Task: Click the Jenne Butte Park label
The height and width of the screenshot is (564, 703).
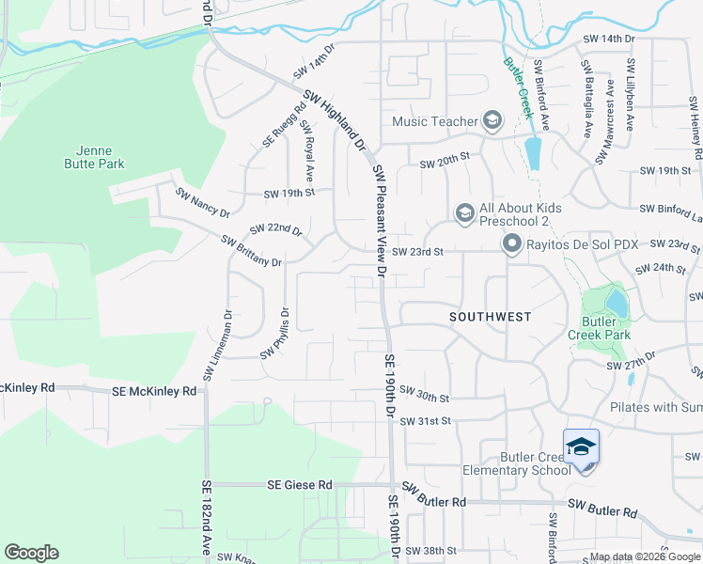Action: click(x=99, y=157)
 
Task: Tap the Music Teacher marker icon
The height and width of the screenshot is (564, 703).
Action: click(x=492, y=120)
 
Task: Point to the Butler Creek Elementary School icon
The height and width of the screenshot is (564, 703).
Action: click(x=581, y=446)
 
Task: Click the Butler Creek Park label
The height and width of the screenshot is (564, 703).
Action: click(x=600, y=327)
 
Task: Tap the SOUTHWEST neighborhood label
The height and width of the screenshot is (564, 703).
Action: click(x=491, y=317)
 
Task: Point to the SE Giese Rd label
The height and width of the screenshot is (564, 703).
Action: click(x=300, y=485)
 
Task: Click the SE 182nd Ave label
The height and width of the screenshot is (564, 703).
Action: click(x=206, y=518)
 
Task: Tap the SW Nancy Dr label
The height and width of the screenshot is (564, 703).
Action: click(x=202, y=201)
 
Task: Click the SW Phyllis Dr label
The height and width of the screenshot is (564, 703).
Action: click(x=276, y=332)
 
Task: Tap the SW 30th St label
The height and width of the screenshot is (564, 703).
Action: click(x=424, y=392)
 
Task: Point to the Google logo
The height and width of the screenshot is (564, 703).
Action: click(x=31, y=553)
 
